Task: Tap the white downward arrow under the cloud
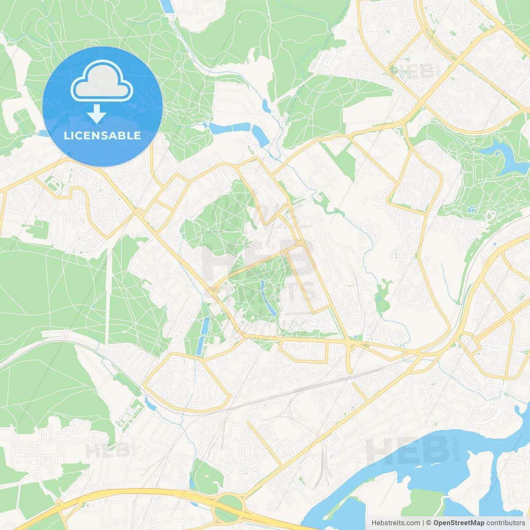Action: [97, 114]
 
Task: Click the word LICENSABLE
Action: [102, 135]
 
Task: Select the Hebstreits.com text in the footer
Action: [395, 523]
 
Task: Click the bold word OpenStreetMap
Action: [458, 523]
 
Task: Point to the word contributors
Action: [506, 523]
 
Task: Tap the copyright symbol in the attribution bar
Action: [429, 523]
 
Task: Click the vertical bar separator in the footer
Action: [423, 523]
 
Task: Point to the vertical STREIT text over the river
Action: [456, 447]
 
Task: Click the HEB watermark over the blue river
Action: [408, 450]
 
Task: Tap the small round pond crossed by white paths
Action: [471, 210]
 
